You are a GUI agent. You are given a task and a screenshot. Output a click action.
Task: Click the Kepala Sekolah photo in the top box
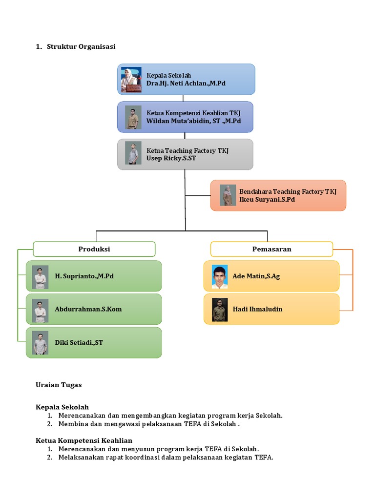(x=131, y=80)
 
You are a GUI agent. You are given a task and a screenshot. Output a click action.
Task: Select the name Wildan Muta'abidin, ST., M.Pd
(x=193, y=121)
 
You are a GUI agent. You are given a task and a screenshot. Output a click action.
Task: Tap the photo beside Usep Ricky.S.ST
(x=133, y=153)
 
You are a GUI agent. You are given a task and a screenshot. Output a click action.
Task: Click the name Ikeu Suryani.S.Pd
(x=267, y=199)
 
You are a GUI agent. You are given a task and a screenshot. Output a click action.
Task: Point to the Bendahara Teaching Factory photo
(x=228, y=195)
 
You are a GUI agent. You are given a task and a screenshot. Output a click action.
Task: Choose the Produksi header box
(x=94, y=249)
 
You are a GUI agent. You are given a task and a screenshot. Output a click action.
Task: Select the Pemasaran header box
(x=271, y=249)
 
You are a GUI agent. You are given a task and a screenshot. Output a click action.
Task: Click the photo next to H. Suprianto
(x=40, y=277)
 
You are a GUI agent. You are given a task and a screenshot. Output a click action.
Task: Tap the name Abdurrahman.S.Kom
(x=88, y=309)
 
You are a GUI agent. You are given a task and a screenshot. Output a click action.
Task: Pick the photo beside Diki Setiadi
(x=40, y=343)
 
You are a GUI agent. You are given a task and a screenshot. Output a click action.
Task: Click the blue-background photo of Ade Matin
(x=220, y=277)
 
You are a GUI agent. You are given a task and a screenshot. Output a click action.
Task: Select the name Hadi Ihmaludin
(x=257, y=309)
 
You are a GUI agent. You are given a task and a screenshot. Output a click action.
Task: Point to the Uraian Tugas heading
(x=59, y=385)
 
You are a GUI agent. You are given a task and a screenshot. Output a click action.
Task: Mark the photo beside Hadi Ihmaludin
(x=220, y=310)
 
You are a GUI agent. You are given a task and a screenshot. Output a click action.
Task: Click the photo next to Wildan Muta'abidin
(x=133, y=117)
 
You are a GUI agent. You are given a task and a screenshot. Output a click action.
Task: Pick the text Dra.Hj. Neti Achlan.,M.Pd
(x=186, y=83)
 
